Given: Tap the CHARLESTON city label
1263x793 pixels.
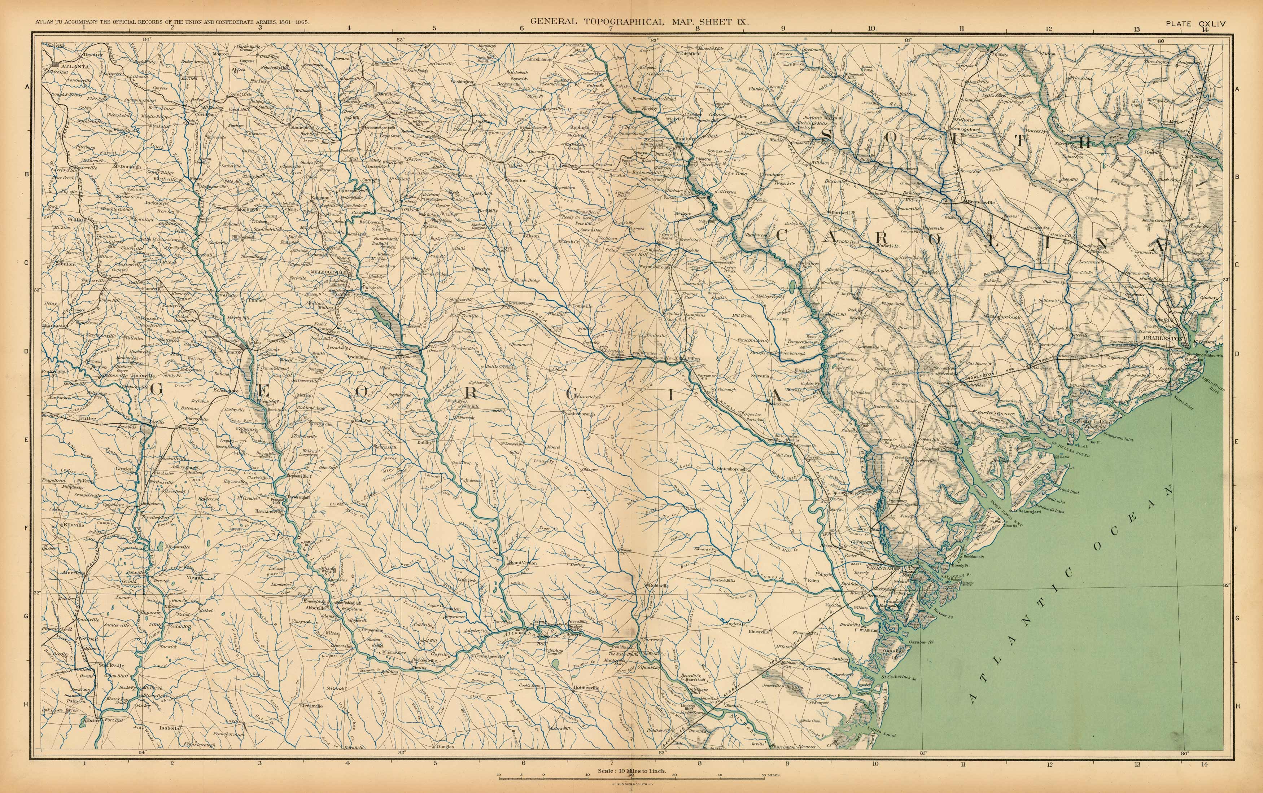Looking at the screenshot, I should (1163, 338).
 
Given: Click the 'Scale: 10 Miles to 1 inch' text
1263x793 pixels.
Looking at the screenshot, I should (631, 771).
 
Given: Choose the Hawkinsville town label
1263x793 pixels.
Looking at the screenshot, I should (269, 511).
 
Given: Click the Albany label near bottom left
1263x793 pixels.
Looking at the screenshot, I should (91, 735).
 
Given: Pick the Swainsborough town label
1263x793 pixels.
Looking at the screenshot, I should (580, 414).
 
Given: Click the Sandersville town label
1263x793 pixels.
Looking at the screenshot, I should (460, 300).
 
